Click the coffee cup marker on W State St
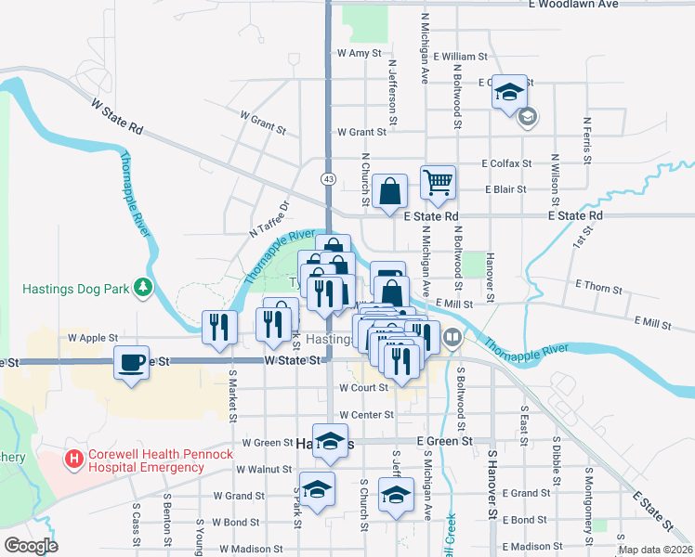pyautogui.click(x=132, y=361)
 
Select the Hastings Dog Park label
pyautogui.click(x=76, y=289)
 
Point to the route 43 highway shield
pyautogui.click(x=329, y=177)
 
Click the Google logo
pyautogui.click(x=31, y=545)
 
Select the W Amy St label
pyautogui.click(x=360, y=54)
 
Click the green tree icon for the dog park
pyautogui.click(x=143, y=289)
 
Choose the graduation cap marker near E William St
pyautogui.click(x=509, y=91)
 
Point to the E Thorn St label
pyautogui.click(x=598, y=288)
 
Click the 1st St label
pyautogui.click(x=582, y=238)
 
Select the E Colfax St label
pyautogui.click(x=506, y=163)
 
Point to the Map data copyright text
pyautogui.click(x=654, y=550)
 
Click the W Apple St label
pyautogui.click(x=93, y=339)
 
